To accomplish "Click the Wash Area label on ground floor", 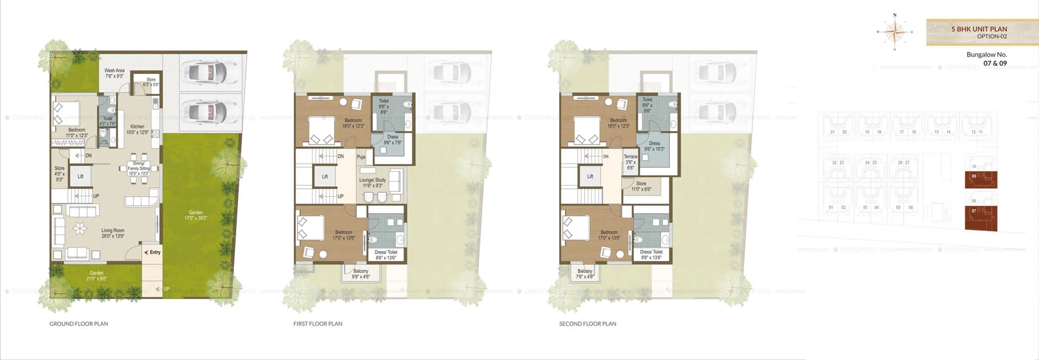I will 114,73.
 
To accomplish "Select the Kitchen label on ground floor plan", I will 137,129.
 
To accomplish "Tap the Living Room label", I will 113,233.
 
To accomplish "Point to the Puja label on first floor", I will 361,157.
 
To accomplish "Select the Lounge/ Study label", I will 372,182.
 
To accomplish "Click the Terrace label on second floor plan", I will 630,162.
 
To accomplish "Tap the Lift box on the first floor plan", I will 325,176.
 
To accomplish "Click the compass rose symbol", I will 895,32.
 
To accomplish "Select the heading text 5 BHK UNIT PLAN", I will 979,29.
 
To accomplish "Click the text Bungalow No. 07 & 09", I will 987,58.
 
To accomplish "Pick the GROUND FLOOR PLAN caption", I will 78,324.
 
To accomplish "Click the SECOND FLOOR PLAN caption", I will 587,324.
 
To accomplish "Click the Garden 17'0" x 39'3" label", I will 195,215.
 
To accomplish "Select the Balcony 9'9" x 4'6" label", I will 360,273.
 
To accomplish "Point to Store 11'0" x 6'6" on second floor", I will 641,186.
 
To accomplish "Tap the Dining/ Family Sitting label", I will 139,168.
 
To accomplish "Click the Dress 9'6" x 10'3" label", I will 654,146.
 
